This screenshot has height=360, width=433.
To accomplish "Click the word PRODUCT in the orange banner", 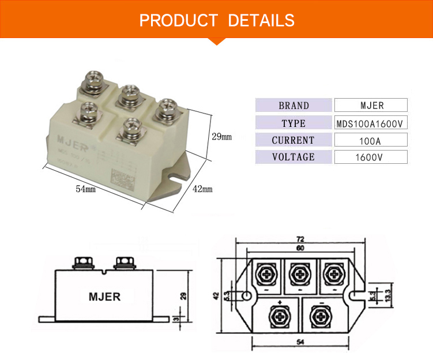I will [178, 21].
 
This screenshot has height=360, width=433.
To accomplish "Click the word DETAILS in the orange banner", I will [261, 21].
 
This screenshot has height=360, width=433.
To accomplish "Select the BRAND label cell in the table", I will [293, 106].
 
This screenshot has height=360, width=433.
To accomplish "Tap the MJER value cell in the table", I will [371, 106].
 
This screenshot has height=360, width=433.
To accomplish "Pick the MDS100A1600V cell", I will [371, 123].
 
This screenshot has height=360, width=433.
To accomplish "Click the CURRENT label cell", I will [293, 140].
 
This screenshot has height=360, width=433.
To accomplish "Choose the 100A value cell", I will [371, 140].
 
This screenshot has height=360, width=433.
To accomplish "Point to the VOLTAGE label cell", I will [293, 157].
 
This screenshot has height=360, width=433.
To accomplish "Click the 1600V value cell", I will [371, 157].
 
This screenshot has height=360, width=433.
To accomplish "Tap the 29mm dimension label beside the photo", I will [221, 137].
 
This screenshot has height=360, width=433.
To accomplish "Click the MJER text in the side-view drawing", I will [104, 297].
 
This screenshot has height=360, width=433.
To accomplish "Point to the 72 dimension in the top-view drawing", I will [300, 239].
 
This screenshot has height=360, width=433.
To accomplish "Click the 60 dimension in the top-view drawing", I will [300, 248].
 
